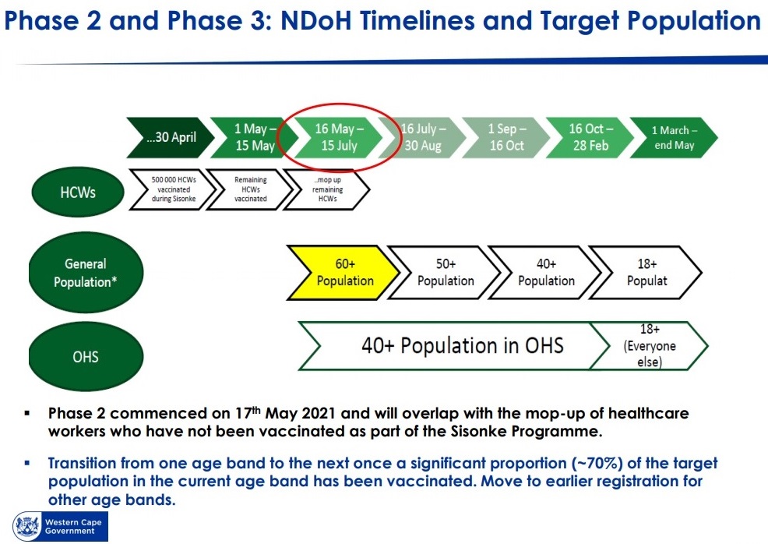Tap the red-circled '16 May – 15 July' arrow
click(x=339, y=138)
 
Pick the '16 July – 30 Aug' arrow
click(x=422, y=138)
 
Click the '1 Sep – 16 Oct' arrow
click(x=506, y=138)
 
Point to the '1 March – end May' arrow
click(x=674, y=138)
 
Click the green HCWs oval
click(x=78, y=193)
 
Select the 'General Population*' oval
click(x=86, y=273)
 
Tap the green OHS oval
click(x=86, y=356)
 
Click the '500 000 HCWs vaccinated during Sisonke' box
click(x=172, y=189)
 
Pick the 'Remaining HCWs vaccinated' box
click(x=250, y=189)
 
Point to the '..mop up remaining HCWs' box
click(x=326, y=189)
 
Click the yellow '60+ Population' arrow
click(x=343, y=273)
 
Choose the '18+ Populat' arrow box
click(x=646, y=273)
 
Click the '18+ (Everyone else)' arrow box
click(x=650, y=345)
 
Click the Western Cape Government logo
click(x=60, y=526)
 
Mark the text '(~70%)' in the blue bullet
click(x=597, y=463)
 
